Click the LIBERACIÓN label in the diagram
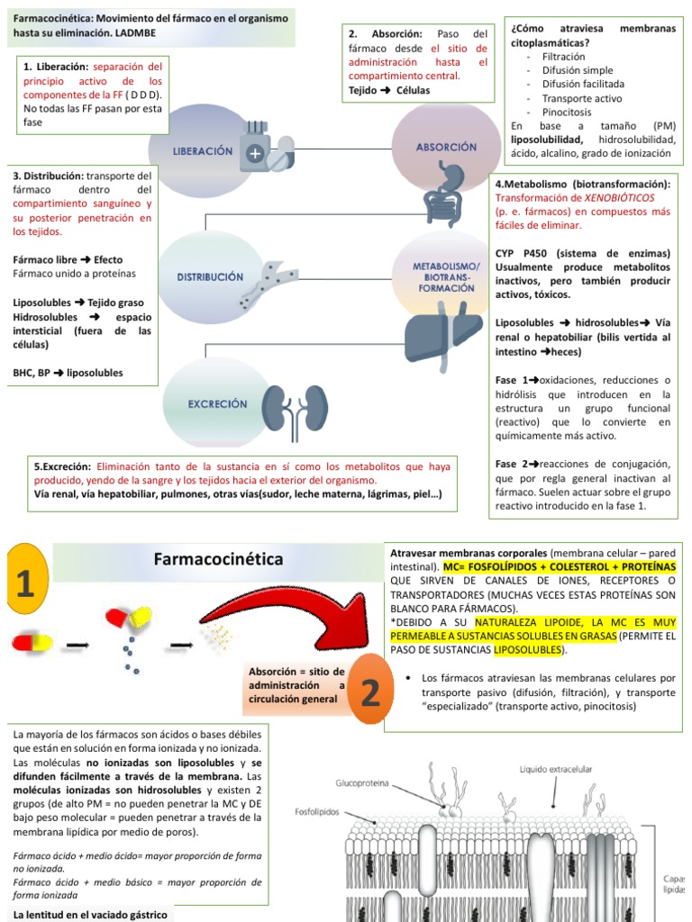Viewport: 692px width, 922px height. [x=203, y=152]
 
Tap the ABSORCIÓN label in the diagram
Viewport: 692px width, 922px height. [x=446, y=147]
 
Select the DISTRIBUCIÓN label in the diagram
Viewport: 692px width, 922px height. [x=209, y=276]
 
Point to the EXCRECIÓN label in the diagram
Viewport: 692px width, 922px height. [x=217, y=404]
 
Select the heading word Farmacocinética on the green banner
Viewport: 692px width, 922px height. [x=219, y=559]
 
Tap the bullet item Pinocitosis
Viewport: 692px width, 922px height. [x=567, y=112]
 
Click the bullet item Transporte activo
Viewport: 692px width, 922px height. [x=582, y=98]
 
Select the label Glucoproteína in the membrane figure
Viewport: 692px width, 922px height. [x=362, y=783]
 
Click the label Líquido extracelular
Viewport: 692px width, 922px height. [x=555, y=769]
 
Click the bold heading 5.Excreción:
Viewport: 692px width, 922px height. [x=62, y=466]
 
